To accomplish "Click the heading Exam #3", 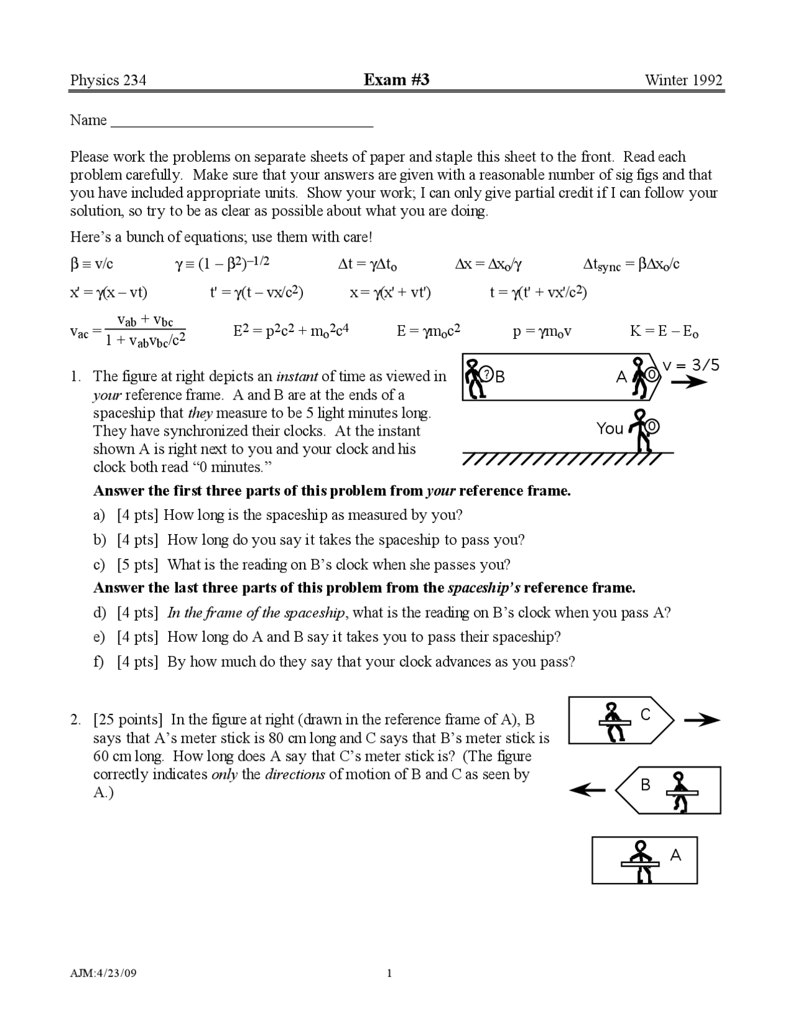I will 396,80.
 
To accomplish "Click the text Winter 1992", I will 683,81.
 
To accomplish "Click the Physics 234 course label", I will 108,81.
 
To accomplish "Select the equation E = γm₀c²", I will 428,331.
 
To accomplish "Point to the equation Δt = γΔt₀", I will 367,265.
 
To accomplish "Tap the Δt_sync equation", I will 631,265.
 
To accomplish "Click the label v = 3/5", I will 691,366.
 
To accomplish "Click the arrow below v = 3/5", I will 688,382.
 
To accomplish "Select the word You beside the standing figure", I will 610,429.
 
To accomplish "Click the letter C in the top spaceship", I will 646,715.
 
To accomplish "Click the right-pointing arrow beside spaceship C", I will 702,720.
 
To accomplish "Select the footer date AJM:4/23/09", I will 103,973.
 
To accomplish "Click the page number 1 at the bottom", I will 389,973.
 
